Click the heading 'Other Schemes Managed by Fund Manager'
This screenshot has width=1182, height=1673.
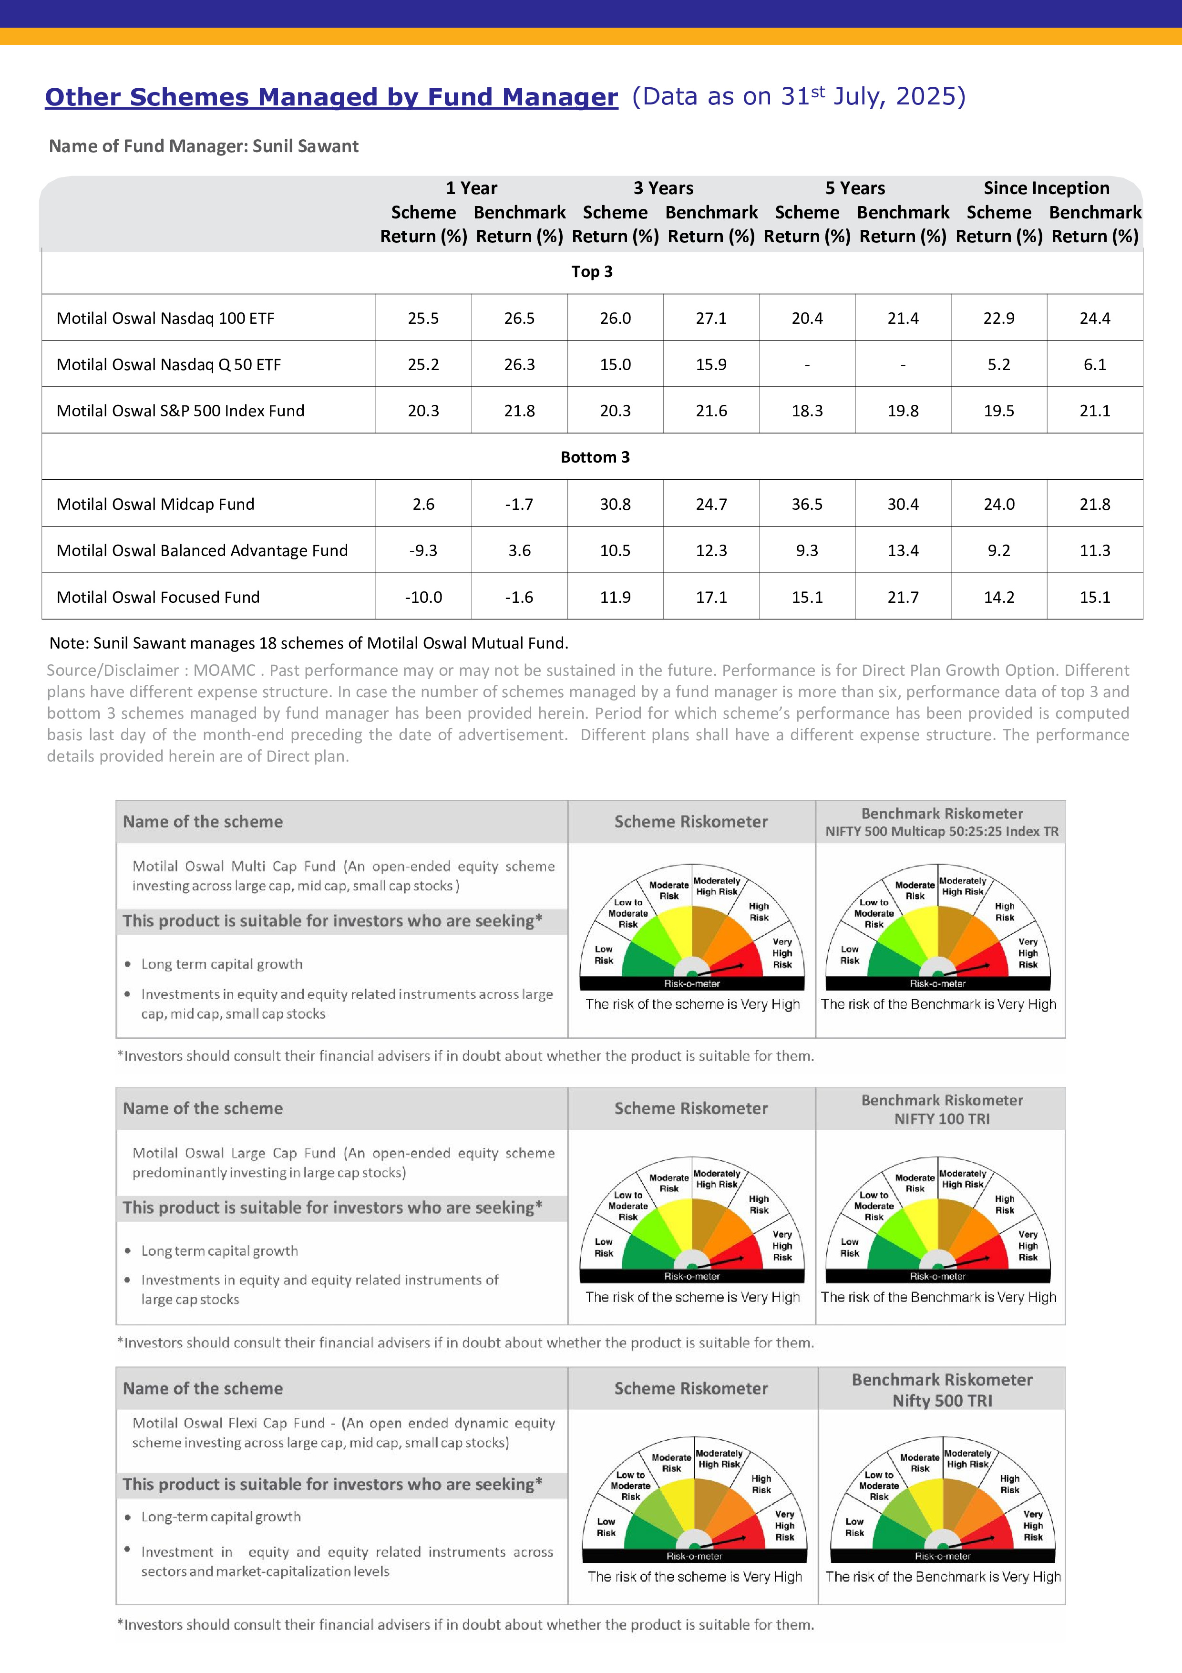tap(331, 97)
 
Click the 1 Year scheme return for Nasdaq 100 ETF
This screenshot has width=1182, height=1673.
tap(423, 319)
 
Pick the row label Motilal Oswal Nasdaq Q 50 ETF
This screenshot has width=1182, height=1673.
tap(168, 364)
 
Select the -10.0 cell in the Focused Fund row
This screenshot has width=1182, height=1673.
tap(423, 598)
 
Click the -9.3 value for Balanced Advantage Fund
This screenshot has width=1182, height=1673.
tap(423, 551)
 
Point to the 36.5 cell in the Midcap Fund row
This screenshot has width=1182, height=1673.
tap(807, 504)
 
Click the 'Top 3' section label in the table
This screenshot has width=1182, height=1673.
tap(591, 272)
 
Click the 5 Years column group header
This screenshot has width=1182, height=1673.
tap(854, 188)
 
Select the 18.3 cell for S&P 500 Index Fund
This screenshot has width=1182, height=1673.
tap(807, 411)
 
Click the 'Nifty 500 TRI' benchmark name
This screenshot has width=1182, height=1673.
tap(942, 1401)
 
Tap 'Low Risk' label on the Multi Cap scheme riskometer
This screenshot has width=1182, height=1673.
tap(604, 955)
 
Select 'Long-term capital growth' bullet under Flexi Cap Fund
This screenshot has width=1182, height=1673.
tap(221, 1517)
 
